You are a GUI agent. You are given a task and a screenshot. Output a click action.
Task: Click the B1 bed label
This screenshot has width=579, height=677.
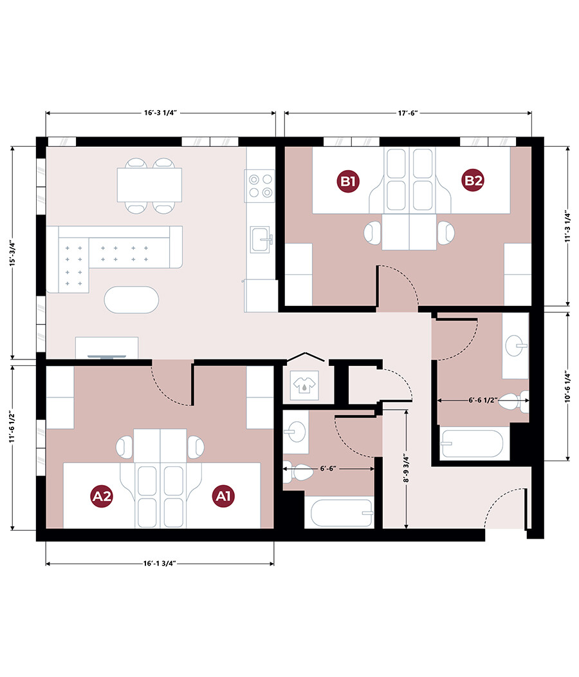pyautogui.click(x=348, y=181)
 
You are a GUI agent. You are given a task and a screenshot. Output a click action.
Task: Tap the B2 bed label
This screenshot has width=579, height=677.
pyautogui.click(x=472, y=180)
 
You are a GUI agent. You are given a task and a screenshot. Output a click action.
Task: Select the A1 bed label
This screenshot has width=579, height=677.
pyautogui.click(x=223, y=495)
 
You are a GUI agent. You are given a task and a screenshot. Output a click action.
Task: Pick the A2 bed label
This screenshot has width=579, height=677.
pyautogui.click(x=102, y=496)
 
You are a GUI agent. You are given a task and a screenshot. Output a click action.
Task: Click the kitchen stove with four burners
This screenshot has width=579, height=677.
pyautogui.click(x=260, y=186)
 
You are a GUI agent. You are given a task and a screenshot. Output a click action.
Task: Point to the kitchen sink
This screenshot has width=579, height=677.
pyautogui.click(x=261, y=240)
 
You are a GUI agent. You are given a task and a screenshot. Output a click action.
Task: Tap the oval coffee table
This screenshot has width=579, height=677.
pyautogui.click(x=131, y=300)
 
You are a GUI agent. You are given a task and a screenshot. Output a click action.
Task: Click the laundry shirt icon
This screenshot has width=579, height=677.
pyautogui.click(x=305, y=383)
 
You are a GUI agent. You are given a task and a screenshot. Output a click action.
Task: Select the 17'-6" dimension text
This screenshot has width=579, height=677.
pyautogui.click(x=407, y=113)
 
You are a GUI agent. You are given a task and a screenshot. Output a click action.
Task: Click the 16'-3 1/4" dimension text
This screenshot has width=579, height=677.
pyautogui.click(x=160, y=113)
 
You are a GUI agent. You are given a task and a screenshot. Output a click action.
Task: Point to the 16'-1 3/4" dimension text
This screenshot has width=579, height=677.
pyautogui.click(x=160, y=564)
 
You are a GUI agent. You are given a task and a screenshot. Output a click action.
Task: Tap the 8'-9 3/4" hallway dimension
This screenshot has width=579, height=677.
pyautogui.click(x=406, y=468)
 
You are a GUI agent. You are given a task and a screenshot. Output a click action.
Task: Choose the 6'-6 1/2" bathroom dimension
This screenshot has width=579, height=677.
pyautogui.click(x=483, y=400)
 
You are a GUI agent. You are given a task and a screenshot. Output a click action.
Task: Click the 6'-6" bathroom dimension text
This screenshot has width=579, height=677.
pyautogui.click(x=328, y=468)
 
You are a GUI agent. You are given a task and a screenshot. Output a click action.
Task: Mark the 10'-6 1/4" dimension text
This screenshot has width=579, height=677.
pyautogui.click(x=567, y=386)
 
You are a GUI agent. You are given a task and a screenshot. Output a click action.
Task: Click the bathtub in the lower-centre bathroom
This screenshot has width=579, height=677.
pyautogui.click(x=342, y=513)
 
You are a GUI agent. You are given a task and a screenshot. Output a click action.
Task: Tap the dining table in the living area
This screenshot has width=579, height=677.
pyautogui.click(x=149, y=185)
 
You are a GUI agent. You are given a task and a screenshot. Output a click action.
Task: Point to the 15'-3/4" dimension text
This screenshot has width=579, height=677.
pyautogui.click(x=12, y=253)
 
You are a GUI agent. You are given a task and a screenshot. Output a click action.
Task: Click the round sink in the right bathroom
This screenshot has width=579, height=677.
pyautogui.click(x=516, y=345)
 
